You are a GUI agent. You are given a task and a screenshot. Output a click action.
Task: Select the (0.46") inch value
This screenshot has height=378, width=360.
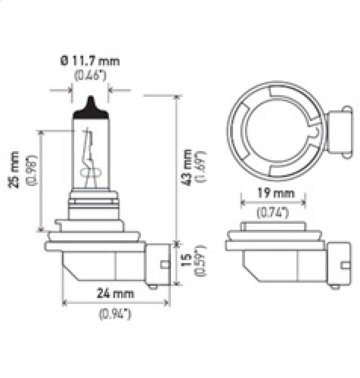click(90, 76)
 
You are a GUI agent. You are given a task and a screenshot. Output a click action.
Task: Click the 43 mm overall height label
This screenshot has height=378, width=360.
click(188, 167)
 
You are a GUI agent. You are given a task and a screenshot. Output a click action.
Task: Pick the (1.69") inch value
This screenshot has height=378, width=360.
click(202, 167)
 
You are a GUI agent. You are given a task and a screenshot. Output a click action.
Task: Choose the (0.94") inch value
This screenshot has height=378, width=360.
click(114, 313)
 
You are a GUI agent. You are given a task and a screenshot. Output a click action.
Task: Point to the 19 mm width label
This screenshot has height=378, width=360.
click(273, 193)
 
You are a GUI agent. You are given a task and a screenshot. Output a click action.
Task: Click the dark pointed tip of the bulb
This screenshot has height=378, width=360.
click(90, 103)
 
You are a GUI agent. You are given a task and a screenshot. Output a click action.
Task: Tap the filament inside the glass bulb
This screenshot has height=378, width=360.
click(90, 157)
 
